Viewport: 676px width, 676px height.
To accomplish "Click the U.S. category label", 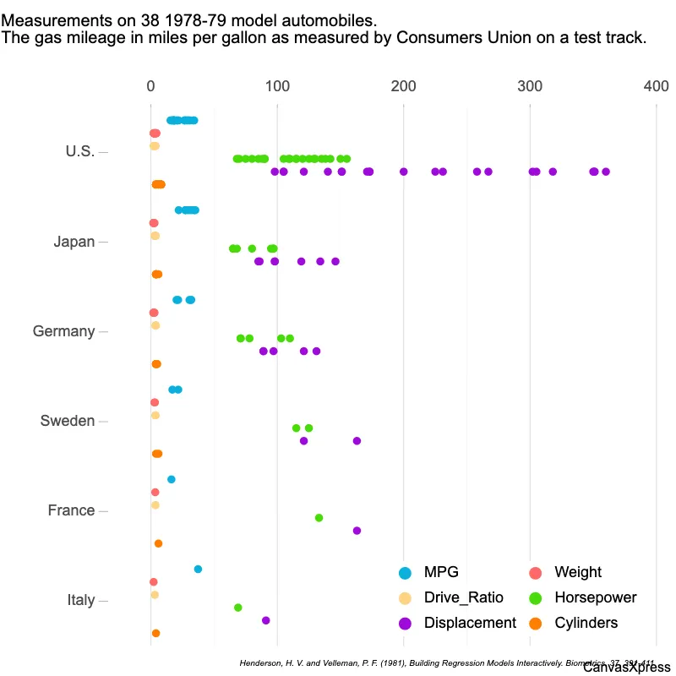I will (79, 152).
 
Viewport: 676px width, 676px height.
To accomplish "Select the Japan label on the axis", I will (74, 242).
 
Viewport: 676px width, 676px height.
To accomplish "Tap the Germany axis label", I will (63, 331).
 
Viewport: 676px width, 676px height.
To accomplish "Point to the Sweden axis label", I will (68, 421).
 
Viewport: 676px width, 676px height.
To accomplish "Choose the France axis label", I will (71, 510).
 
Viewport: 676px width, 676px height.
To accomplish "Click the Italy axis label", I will (81, 600).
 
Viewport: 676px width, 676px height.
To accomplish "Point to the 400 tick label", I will (656, 86).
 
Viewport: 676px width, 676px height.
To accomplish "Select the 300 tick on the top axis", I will (530, 86).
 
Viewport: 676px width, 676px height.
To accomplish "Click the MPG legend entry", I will (441, 573).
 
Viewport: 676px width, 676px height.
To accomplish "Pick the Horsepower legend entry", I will (595, 597).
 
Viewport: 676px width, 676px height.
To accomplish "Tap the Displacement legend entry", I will (470, 623).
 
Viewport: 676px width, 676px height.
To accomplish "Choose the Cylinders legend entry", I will (586, 623).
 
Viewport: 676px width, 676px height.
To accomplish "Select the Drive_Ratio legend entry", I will (463, 597).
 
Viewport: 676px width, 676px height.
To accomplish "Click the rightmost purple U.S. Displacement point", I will (606, 172).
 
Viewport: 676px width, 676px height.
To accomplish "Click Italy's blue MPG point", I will (198, 570).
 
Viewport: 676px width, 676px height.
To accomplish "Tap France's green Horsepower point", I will (319, 518).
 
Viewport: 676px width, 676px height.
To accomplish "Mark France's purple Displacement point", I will (357, 531).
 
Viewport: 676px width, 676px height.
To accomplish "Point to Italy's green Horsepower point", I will (237, 608).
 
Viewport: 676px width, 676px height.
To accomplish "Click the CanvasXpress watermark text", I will (626, 668).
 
